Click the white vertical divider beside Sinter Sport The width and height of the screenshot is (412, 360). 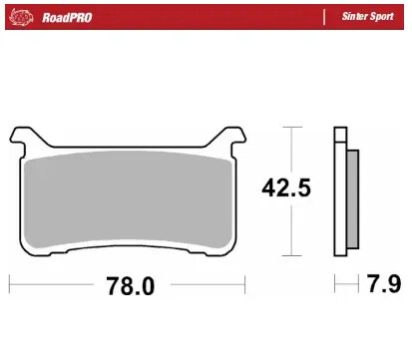coord(326,17)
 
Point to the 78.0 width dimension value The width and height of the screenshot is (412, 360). coord(130,287)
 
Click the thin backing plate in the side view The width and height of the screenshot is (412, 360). coord(339,189)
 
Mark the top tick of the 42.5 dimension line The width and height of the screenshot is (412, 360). coord(289,128)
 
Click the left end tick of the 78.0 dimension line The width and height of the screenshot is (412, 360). coord(9,287)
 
